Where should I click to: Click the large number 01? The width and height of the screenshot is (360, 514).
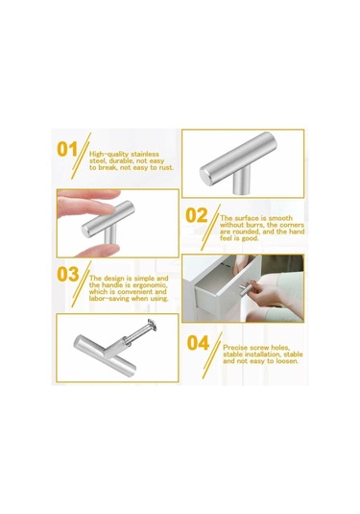coord(67,150)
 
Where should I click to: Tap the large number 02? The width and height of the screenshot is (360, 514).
coord(197,216)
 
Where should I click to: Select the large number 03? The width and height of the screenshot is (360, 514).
coord(68,274)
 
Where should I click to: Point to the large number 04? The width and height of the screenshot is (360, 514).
coord(198,343)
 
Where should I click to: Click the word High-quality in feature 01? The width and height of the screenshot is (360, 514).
coord(109,154)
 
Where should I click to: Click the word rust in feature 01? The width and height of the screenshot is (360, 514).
coord(166,167)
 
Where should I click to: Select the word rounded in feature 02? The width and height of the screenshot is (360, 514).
coord(246,232)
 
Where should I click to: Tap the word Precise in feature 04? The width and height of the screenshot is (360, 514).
coord(235,348)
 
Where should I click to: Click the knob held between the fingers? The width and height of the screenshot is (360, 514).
coord(108,221)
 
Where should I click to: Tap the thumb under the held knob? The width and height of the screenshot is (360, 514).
coord(97,251)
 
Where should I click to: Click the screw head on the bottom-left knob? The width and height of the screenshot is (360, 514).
coord(152,324)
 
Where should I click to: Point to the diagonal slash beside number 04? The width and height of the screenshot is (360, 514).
coord(212,355)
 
